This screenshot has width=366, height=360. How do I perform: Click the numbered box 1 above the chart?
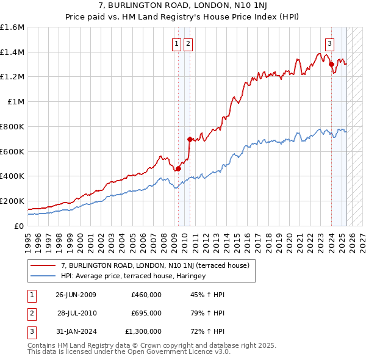tap(176, 43)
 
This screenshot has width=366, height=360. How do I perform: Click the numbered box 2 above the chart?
tap(187, 43)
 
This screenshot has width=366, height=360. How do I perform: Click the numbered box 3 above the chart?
tap(329, 43)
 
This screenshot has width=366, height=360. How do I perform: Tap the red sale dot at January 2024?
tap(331, 64)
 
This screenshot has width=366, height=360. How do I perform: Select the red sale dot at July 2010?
tap(190, 139)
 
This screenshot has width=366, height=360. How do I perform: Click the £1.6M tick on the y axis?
tap(12, 27)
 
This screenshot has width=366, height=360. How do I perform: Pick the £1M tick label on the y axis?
tap(15, 102)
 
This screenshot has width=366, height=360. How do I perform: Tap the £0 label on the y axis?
tap(19, 226)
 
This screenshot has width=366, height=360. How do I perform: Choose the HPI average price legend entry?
tap(133, 276)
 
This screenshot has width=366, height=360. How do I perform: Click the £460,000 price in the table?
tap(146, 295)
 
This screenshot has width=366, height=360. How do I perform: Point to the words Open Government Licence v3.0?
tap(179, 352)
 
